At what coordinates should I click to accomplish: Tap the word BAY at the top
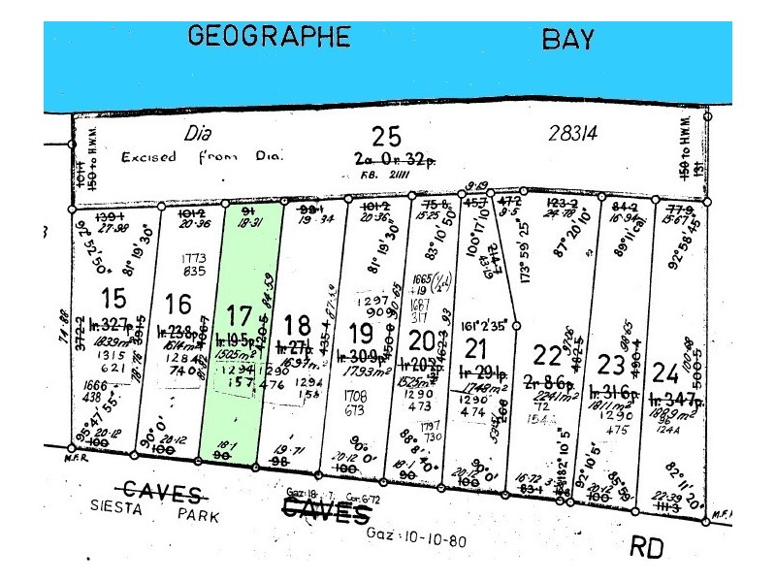click(x=567, y=40)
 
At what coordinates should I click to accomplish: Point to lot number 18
click(x=297, y=323)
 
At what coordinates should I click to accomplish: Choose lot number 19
click(x=360, y=333)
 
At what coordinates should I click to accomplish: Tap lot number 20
click(x=421, y=341)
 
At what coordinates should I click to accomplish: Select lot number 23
click(x=610, y=366)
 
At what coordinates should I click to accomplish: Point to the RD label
click(x=645, y=548)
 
